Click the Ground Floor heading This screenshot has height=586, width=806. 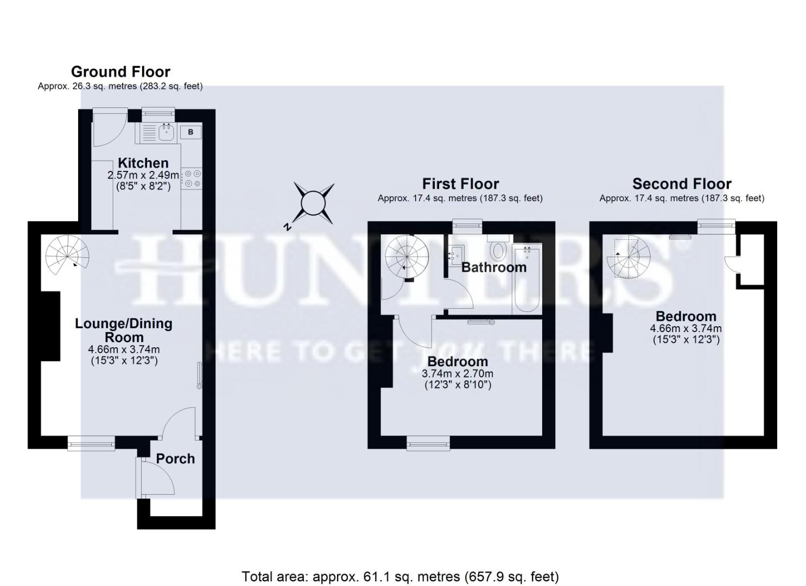coord(120,72)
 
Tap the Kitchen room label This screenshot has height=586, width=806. coord(143,163)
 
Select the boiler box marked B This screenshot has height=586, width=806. coord(191,132)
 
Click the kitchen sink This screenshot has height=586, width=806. coord(166,131)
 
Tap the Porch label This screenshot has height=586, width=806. coord(175,458)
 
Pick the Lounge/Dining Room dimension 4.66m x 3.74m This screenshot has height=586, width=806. coord(124,349)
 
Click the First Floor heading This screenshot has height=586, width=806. coord(460,183)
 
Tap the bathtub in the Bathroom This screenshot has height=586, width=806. coord(526,279)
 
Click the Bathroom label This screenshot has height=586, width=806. coord(494,267)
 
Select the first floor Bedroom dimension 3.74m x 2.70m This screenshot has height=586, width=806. coord(457,373)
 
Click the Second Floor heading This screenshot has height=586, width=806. coord(682,183)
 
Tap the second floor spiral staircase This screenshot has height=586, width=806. coord(630,257)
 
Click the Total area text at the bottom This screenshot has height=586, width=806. coord(400,576)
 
